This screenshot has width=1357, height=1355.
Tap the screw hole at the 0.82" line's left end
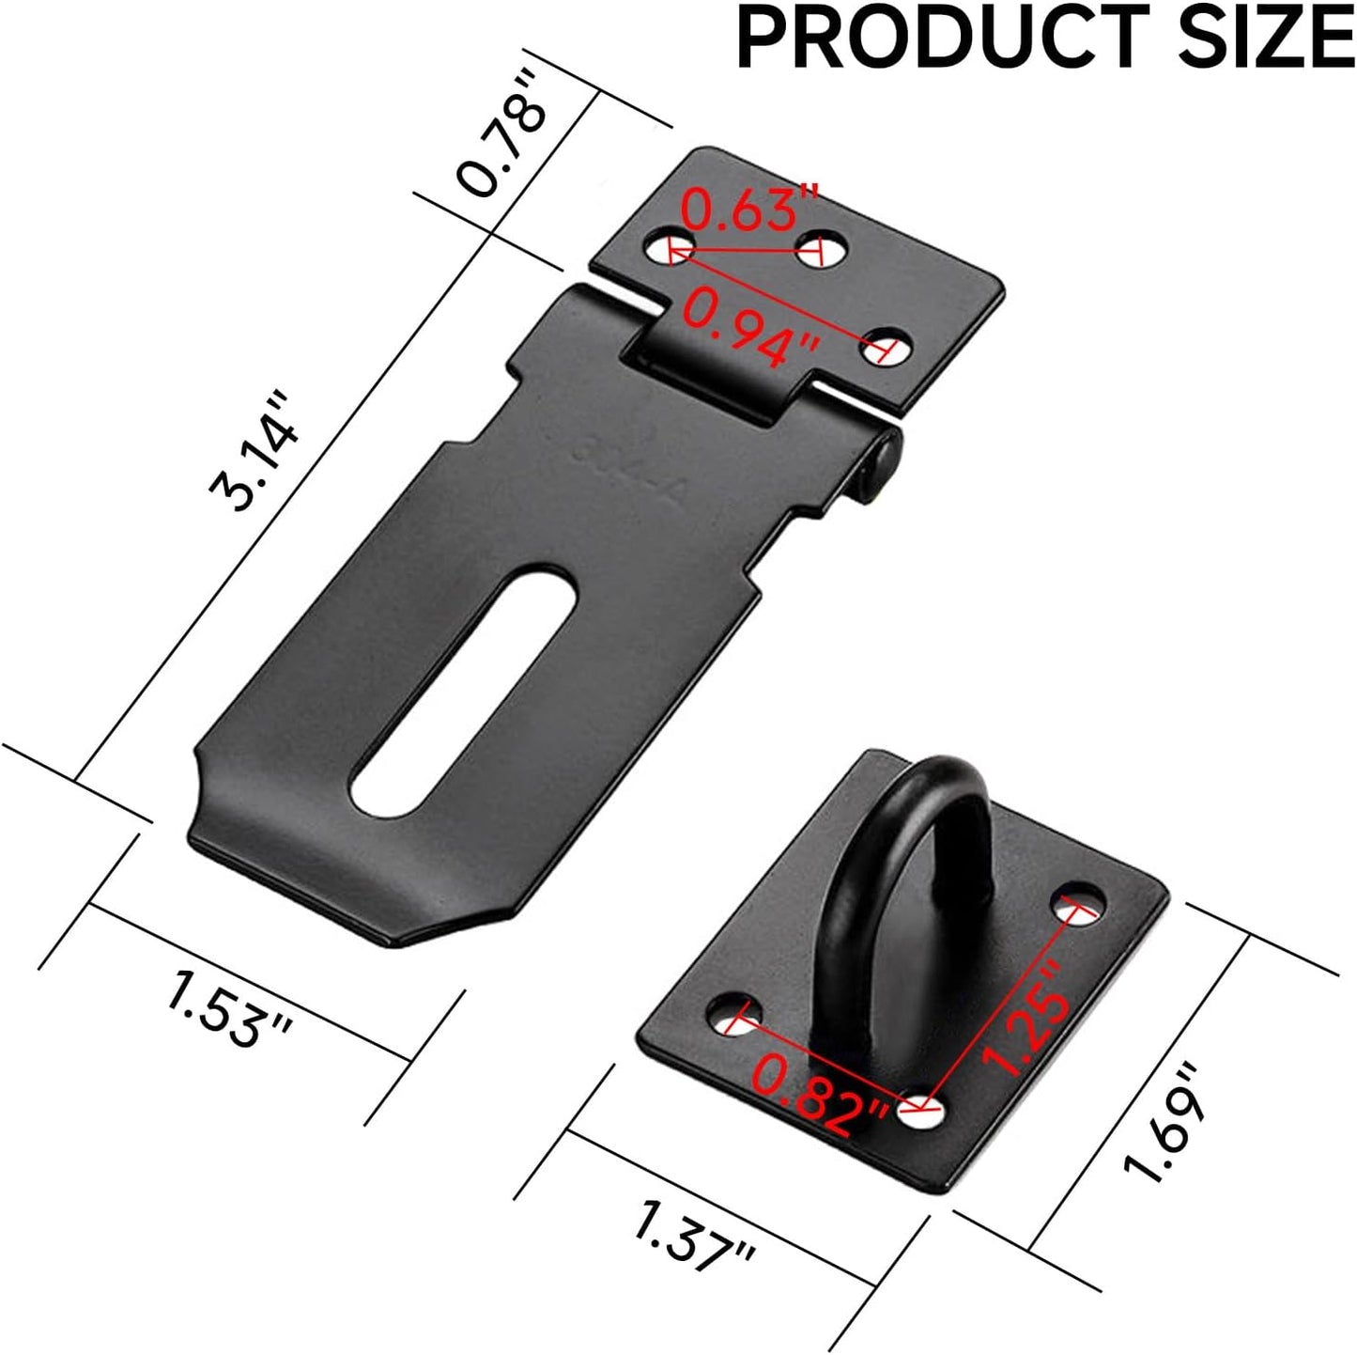click(737, 1019)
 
